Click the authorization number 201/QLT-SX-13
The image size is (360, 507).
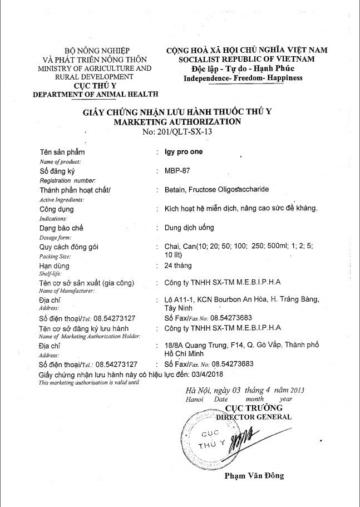(177, 132)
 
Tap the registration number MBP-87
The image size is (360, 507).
(176, 171)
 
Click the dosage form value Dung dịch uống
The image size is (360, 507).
(190, 228)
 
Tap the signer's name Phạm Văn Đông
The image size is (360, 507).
(254, 475)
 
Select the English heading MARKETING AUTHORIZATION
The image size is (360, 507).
(177, 121)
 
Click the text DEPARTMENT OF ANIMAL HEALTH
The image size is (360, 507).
(95, 94)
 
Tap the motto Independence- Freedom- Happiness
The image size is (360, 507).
(243, 78)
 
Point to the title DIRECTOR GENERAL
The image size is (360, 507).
(254, 416)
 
